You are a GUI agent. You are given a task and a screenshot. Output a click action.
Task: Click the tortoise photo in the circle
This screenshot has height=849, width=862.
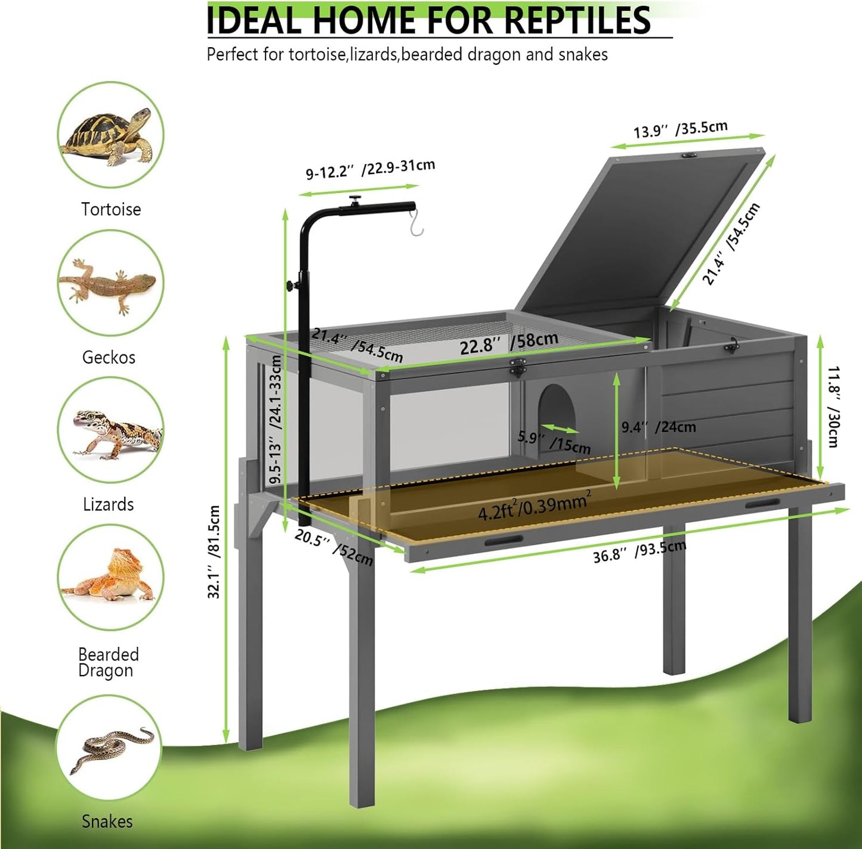pos(110,135)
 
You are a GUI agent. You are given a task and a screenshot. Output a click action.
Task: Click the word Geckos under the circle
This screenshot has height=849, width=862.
pos(109,357)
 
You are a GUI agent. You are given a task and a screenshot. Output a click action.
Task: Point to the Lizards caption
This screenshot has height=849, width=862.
pos(108,504)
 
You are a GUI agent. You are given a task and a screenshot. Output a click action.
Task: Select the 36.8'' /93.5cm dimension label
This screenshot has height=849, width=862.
pos(639,552)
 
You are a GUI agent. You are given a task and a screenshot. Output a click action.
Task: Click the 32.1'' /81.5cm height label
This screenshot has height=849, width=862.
pos(214,551)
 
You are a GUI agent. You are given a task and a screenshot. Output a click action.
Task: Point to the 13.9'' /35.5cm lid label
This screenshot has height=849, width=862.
pos(680,129)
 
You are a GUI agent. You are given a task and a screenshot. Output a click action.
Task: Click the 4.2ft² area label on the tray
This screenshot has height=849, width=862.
pos(534,507)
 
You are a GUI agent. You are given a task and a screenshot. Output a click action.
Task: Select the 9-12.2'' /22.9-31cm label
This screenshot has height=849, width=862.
pos(370,169)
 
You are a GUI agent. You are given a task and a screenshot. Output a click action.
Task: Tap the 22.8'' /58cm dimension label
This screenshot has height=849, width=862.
pos(509,343)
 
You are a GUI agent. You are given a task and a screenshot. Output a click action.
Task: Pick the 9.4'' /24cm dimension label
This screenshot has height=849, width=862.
pos(658,427)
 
